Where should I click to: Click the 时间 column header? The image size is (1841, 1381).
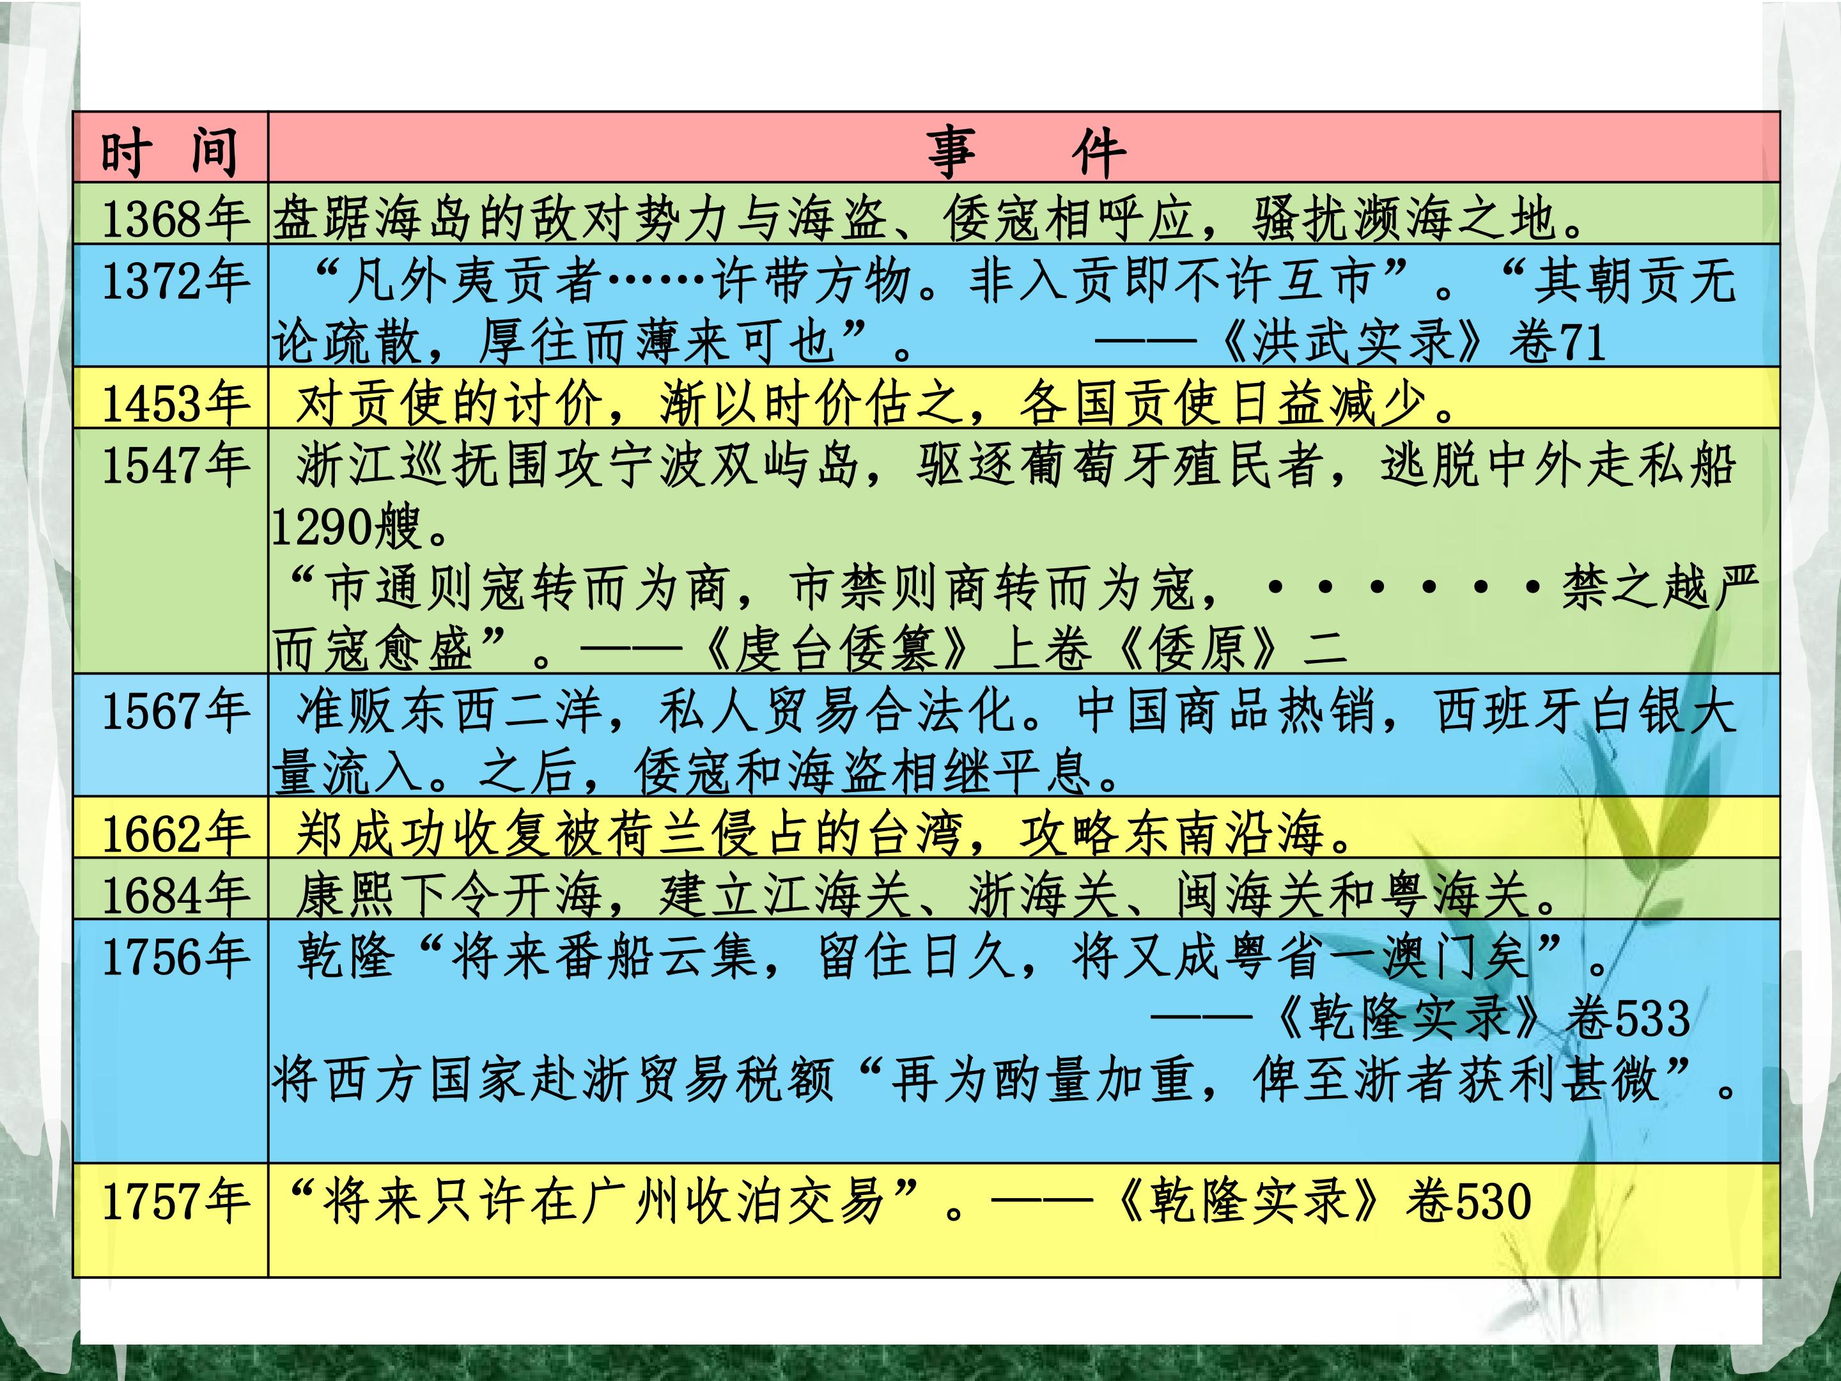[170, 153]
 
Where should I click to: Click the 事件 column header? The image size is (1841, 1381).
[1027, 153]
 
